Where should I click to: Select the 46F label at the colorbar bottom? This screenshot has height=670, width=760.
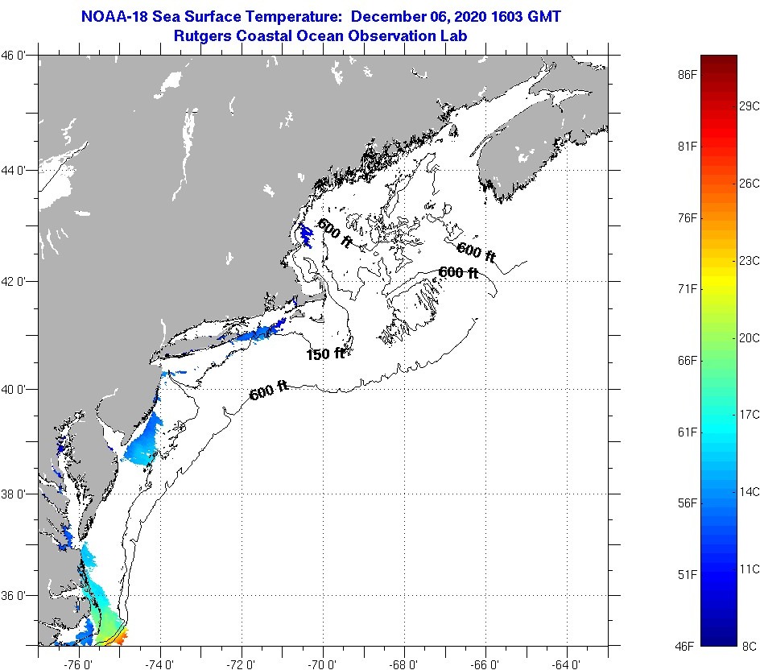687,645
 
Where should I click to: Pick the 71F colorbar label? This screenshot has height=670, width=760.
687,288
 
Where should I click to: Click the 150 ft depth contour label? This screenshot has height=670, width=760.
325,354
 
